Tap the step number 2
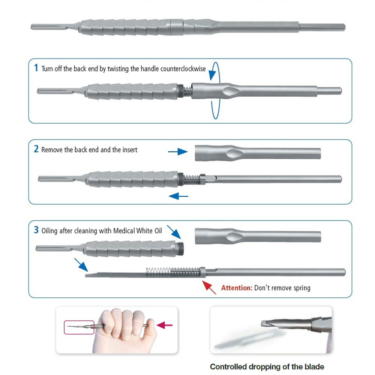[36, 149]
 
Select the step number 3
[36, 230]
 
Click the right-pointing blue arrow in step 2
[178, 151]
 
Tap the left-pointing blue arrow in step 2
[178, 195]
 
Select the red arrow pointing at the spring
[209, 287]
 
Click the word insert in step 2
[130, 150]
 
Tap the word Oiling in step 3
[49, 231]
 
